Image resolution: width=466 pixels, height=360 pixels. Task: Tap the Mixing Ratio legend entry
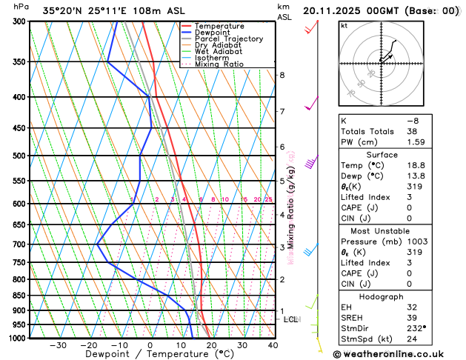(220, 64)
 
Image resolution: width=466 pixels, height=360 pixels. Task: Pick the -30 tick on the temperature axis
(58, 345)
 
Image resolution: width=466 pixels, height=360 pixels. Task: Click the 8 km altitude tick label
(282, 76)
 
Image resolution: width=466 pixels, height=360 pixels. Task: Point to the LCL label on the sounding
(291, 320)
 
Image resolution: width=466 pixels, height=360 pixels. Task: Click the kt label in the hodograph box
(344, 25)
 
